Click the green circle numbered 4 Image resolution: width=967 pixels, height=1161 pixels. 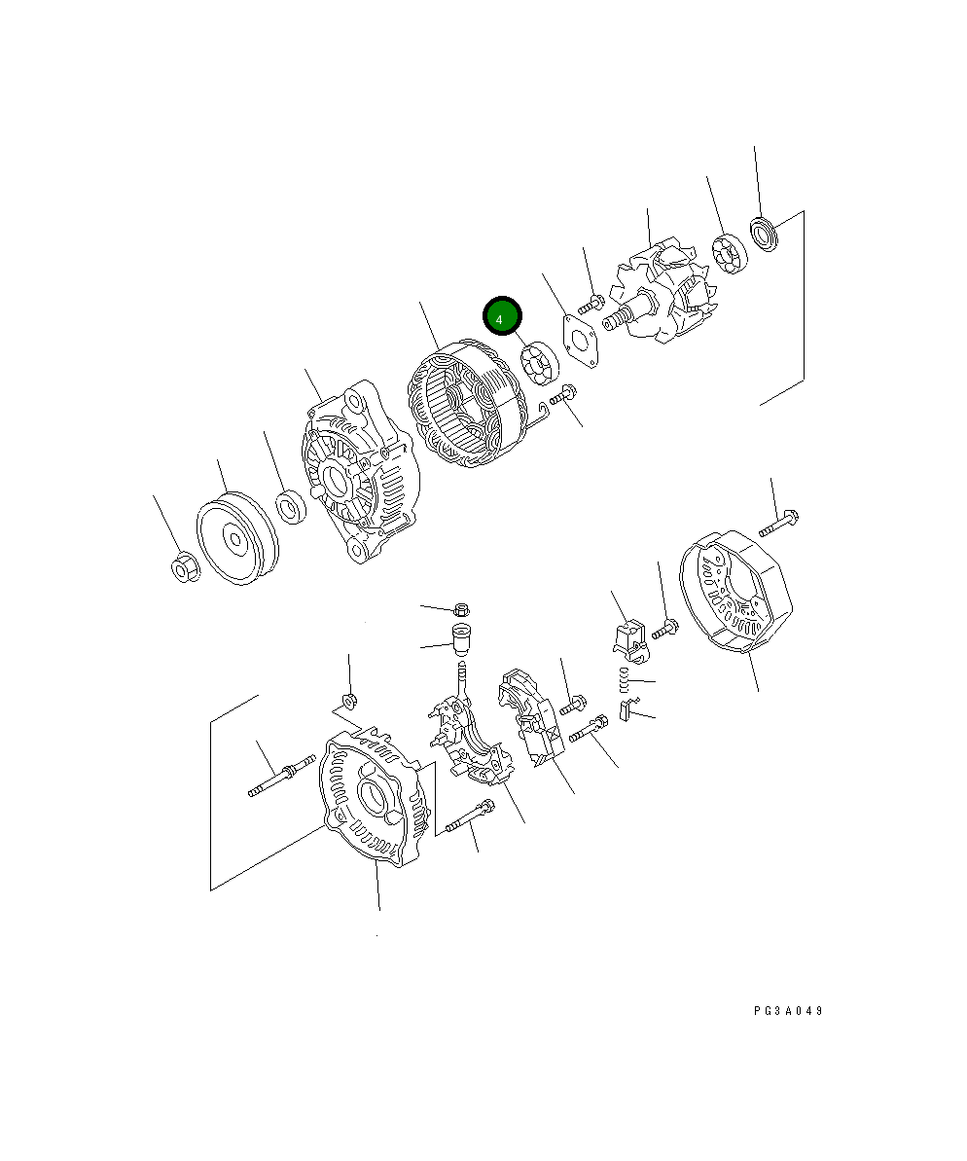502,317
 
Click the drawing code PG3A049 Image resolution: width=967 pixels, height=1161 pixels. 788,1011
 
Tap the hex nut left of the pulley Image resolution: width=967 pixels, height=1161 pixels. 182,567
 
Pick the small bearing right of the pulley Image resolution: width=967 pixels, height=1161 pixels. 290,508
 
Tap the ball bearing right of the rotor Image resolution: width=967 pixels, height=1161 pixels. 728,253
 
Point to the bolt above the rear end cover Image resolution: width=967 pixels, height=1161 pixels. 779,523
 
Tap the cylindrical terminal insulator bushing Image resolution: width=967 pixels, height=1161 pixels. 459,640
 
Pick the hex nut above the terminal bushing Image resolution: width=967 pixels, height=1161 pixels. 461,610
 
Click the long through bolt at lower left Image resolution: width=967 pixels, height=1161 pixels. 282,780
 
